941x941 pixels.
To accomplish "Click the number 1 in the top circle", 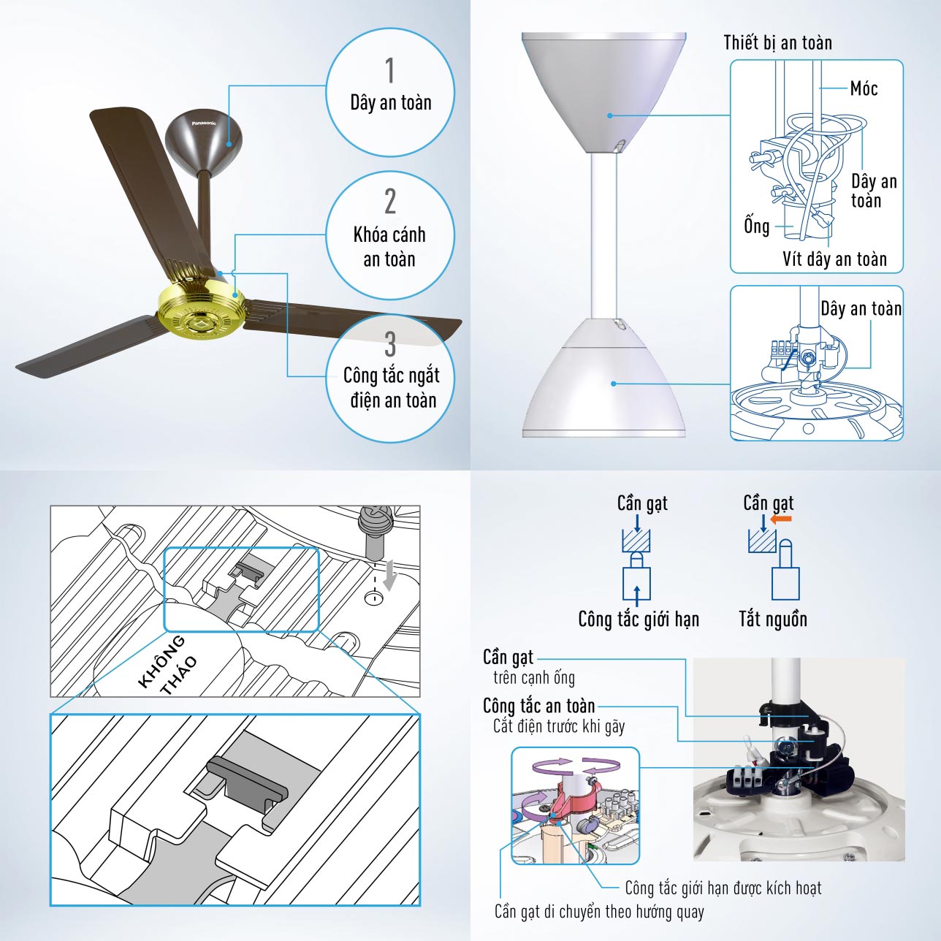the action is click(x=389, y=71).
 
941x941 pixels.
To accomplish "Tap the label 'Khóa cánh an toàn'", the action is click(x=389, y=247).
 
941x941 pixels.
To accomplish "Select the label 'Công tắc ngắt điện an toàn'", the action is click(x=392, y=388).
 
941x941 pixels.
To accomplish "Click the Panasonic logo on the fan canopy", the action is click(x=204, y=123).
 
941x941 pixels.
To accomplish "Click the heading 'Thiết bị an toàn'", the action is click(x=777, y=43).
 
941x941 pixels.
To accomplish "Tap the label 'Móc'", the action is click(x=864, y=88).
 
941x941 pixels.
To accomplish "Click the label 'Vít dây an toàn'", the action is click(x=834, y=259).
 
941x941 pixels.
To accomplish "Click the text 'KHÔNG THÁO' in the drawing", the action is click(x=168, y=664).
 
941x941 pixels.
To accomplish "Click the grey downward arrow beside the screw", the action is click(x=389, y=575).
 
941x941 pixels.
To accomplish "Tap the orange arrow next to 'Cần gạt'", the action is click(x=781, y=519).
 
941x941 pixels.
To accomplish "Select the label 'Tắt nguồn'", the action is click(x=773, y=620).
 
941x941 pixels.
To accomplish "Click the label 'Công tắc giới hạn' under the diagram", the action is click(x=639, y=620).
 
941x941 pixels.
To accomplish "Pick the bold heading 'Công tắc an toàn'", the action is click(x=539, y=706).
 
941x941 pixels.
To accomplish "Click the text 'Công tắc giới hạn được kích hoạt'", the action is click(x=723, y=888).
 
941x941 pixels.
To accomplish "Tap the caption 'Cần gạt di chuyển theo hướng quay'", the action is click(x=599, y=912).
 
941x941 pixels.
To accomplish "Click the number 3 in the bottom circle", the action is click(x=389, y=344).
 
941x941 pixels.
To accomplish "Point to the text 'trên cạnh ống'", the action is click(x=534, y=678).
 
